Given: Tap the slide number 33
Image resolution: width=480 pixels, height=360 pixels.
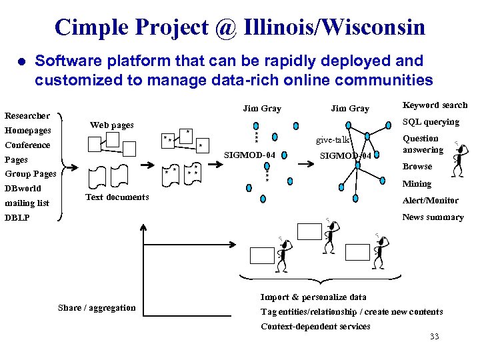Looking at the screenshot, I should tap(434, 337).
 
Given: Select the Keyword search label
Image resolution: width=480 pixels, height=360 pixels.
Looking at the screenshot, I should tap(435, 105).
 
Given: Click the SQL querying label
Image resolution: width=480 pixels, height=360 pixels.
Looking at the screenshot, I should tap(431, 122).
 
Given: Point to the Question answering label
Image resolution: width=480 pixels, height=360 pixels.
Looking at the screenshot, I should tap(423, 144).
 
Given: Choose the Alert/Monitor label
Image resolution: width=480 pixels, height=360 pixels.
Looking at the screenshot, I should tap(430, 200).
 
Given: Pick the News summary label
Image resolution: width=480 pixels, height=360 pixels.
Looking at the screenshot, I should tap(433, 217).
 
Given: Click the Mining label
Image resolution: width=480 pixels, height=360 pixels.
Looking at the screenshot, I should tap(417, 183).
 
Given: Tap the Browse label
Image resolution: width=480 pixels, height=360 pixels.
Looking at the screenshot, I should tap(417, 167).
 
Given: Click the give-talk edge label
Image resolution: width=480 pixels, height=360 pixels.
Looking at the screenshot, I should tap(333, 140).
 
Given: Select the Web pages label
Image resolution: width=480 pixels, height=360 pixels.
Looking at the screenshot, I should tap(111, 125).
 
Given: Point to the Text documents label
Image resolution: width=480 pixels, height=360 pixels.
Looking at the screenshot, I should tap(117, 197).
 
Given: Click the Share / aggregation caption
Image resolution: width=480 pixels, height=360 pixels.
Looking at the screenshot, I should tap(97, 308).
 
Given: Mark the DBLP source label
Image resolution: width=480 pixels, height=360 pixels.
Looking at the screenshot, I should tap(17, 218).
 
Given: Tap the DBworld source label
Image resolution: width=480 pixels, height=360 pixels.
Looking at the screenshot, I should tap(23, 189).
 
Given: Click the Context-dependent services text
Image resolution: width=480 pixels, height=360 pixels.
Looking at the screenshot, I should tap(315, 326).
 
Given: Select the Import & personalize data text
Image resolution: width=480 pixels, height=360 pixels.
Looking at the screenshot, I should tap(313, 297).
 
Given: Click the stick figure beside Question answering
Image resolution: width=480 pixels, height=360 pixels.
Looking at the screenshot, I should tap(459, 159).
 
